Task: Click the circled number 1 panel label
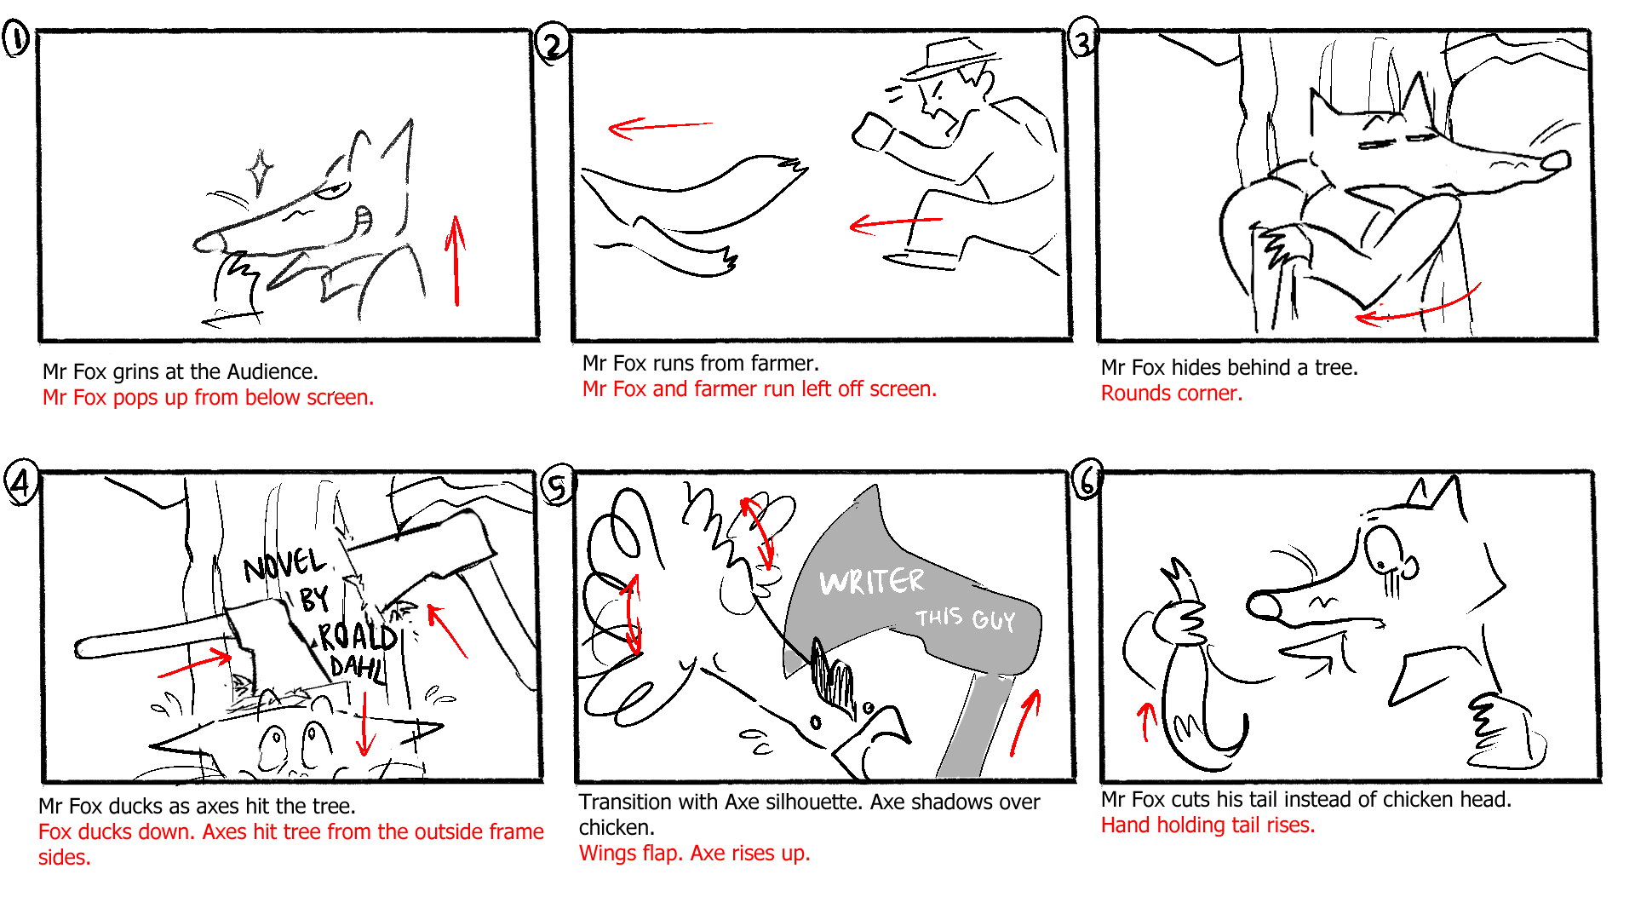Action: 16,39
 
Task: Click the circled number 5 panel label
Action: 557,487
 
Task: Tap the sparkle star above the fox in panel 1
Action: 260,172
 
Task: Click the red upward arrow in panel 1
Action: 456,260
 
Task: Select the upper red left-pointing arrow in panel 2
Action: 660,127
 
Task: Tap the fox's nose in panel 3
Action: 1557,160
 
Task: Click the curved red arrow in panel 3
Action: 1418,308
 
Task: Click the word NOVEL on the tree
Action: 284,565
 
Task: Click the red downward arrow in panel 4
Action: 364,724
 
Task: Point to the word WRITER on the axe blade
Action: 871,582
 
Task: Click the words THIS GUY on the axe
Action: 966,618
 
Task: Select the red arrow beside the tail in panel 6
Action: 1146,721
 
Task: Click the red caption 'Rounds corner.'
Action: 1171,394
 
